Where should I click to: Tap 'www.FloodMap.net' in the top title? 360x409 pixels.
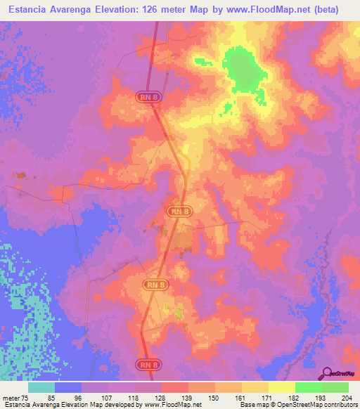(268, 10)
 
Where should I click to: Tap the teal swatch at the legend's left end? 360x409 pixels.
(41, 387)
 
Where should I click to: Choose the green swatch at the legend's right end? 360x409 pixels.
(335, 387)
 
